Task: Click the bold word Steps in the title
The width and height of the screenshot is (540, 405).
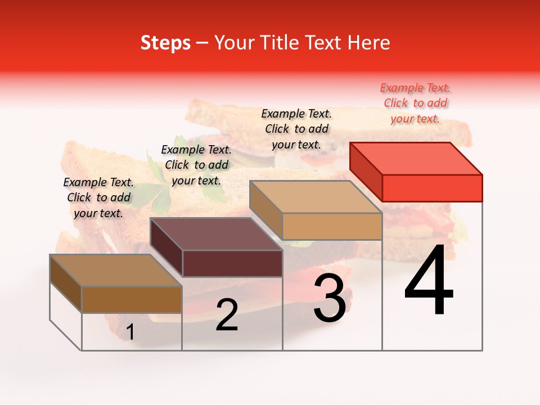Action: [165, 43]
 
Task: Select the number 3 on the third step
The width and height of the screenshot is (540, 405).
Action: [329, 298]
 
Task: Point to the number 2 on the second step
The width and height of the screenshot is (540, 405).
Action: [227, 315]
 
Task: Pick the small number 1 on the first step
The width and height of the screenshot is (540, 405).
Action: [130, 332]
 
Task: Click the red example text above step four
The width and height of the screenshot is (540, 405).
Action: [415, 103]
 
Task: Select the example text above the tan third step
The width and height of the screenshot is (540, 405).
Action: [296, 129]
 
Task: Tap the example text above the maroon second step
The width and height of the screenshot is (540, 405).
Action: [196, 165]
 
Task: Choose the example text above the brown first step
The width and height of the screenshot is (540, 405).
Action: [98, 197]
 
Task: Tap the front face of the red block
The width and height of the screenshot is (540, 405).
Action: [432, 188]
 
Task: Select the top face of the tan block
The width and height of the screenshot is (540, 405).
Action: [316, 197]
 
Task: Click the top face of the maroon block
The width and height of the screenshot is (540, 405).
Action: [216, 234]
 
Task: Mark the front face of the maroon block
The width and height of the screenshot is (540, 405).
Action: [232, 263]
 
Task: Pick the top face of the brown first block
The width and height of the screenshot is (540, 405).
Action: [116, 271]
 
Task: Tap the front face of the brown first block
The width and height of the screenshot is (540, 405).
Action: [132, 299]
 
